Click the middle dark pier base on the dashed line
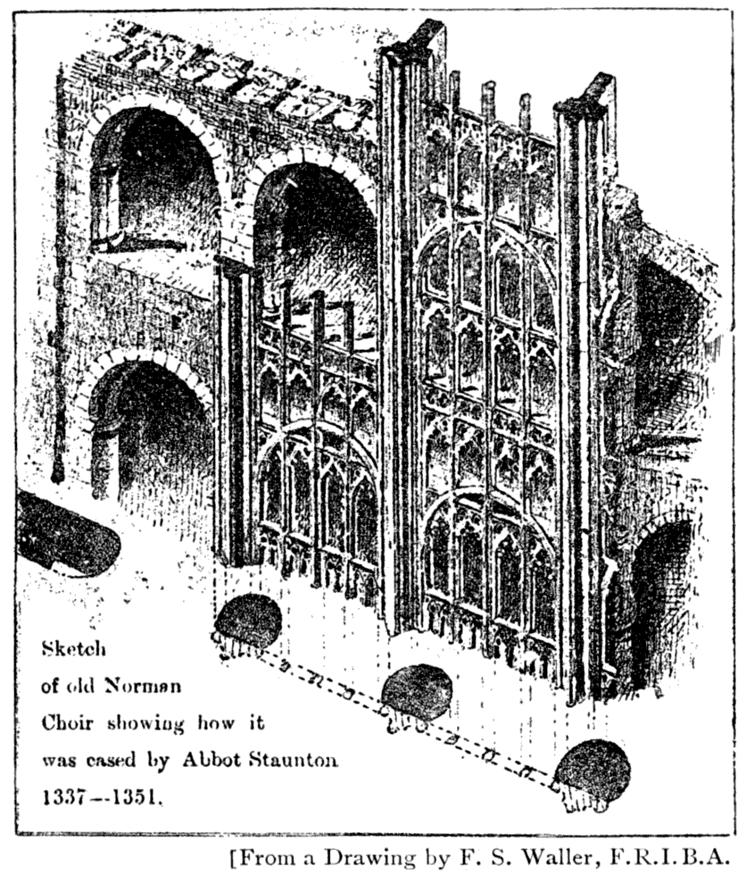tap(417, 691)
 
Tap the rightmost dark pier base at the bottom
tap(592, 771)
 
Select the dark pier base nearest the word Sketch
tap(249, 620)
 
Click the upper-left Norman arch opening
tap(153, 179)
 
